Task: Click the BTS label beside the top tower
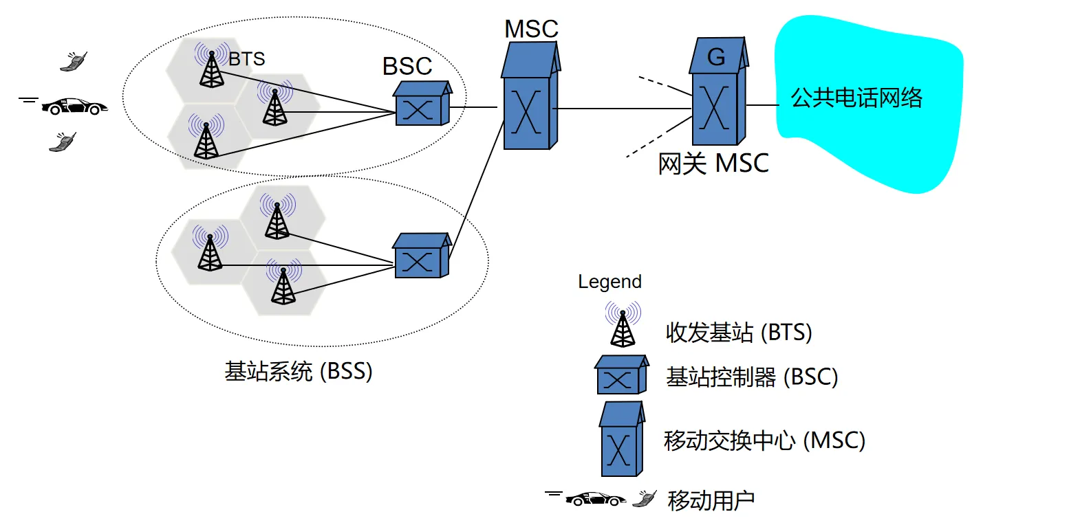pos(247,60)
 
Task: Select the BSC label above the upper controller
pos(407,67)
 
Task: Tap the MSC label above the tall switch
pos(531,29)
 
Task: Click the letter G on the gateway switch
pos(716,57)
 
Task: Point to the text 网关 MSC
pos(713,164)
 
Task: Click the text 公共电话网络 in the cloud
pos(856,98)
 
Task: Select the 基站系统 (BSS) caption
pos(298,371)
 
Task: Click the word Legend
pos(609,282)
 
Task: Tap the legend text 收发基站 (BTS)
pos(739,333)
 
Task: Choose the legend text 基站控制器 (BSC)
pos(751,377)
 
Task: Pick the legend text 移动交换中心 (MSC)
pos(764,440)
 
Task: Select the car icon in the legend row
pos(595,499)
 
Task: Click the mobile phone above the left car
pos(74,61)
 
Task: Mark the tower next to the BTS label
pos(211,65)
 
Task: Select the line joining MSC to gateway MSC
pos(623,109)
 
